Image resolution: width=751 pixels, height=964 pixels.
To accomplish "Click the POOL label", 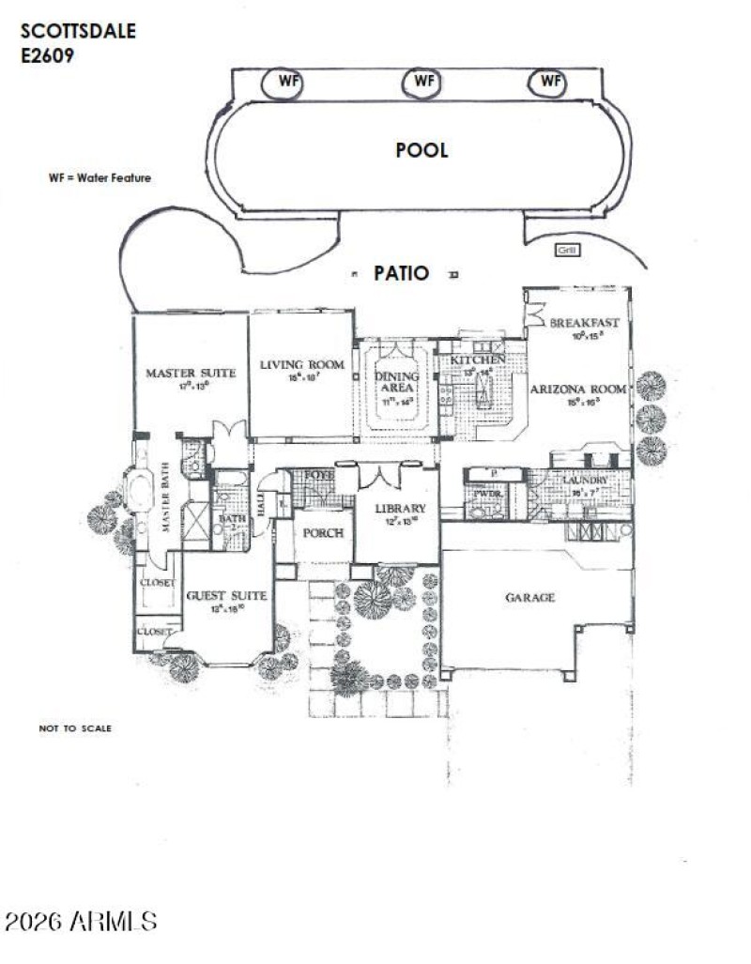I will click(x=421, y=150).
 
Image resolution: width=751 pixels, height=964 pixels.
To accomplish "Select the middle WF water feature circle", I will click(x=423, y=82).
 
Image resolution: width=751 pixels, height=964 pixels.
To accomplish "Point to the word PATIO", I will click(x=402, y=274).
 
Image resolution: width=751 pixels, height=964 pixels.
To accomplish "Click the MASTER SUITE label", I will click(x=191, y=373).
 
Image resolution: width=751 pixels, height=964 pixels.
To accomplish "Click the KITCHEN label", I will click(x=478, y=360).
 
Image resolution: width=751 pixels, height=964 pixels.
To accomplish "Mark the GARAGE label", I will click(x=531, y=597).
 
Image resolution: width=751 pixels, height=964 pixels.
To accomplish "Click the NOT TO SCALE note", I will click(x=75, y=727).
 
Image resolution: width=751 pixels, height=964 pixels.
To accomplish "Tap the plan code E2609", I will click(x=48, y=55).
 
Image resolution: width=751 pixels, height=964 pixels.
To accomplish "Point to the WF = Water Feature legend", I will click(x=100, y=177).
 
